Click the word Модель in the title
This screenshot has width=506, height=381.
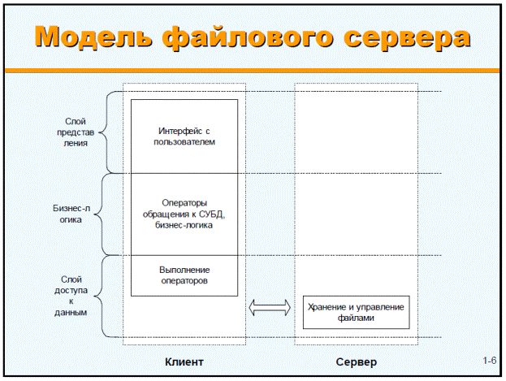click(x=93, y=37)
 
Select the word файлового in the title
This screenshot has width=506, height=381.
click(x=248, y=38)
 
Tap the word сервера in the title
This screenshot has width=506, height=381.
click(x=407, y=38)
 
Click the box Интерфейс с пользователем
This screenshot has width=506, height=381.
click(x=184, y=136)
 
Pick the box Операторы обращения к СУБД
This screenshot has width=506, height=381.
click(x=184, y=214)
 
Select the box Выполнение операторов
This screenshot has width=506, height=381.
click(x=184, y=275)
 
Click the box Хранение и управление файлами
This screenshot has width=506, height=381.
click(x=357, y=312)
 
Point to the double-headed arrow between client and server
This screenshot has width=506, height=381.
click(x=270, y=307)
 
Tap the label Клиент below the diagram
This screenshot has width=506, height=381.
click(x=184, y=362)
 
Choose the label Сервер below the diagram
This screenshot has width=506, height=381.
click(x=357, y=362)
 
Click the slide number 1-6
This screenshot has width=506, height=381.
click(x=489, y=361)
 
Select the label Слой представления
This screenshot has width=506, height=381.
click(x=76, y=132)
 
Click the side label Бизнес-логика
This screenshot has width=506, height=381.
click(x=71, y=214)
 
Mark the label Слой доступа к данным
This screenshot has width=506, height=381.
click(x=71, y=296)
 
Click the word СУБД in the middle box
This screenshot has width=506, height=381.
click(x=211, y=214)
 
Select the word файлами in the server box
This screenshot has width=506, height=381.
click(x=356, y=318)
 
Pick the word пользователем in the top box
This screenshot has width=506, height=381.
click(x=184, y=142)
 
